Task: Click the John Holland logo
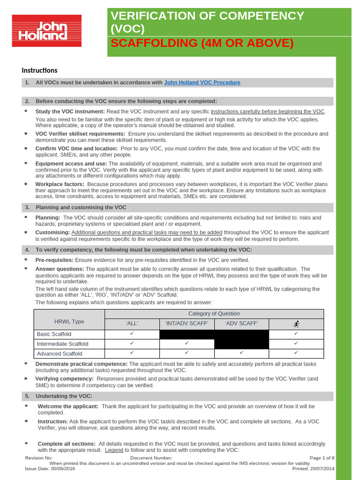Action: pyautogui.click(x=46, y=31)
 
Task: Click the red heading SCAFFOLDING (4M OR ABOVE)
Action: pyautogui.click(x=202, y=43)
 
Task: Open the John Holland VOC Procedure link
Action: pyautogui.click(x=202, y=82)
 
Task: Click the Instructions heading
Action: pyautogui.click(x=39, y=70)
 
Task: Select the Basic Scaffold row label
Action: pyautogui.click(x=54, y=334)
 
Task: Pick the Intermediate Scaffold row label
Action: pyautogui.click(x=62, y=344)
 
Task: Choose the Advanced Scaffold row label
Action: pyautogui.click(x=60, y=354)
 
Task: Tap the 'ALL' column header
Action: pyautogui.click(x=132, y=324)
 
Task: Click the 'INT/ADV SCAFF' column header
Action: pyautogui.click(x=187, y=324)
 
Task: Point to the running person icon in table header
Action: pyautogui.click(x=296, y=324)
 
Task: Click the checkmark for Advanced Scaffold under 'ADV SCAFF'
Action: pyautogui.click(x=241, y=352)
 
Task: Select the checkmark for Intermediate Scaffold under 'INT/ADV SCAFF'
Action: pyautogui.click(x=187, y=343)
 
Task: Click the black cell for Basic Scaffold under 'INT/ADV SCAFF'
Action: pyautogui.click(x=187, y=334)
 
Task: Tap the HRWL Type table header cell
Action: pyautogui.click(x=69, y=321)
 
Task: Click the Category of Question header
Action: pyautogui.click(x=214, y=314)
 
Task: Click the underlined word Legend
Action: pyautogui.click(x=114, y=450)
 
